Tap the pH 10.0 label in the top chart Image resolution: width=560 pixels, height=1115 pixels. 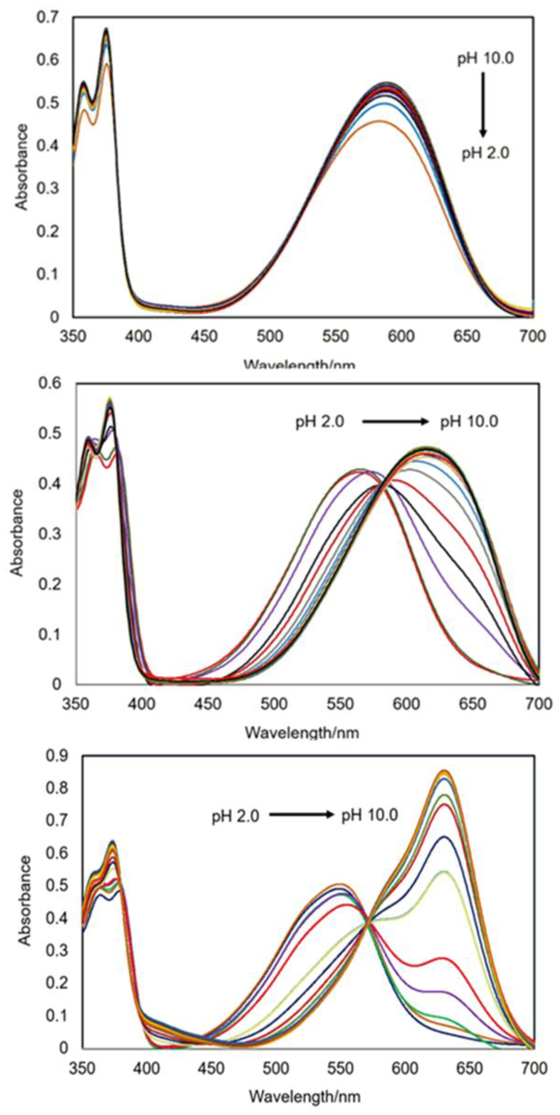coord(485,59)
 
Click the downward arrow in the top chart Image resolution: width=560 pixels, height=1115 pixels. coord(483,104)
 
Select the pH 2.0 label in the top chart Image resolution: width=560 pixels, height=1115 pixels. coord(485,153)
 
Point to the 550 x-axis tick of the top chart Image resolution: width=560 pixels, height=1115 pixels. coord(335,336)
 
